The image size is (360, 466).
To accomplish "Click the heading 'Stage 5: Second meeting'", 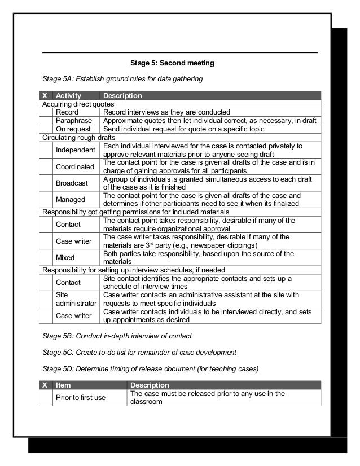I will (x=172, y=63).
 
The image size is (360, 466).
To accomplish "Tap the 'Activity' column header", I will (x=69, y=96).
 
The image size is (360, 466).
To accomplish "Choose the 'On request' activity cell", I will (x=73, y=129).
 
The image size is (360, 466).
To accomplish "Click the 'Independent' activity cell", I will (x=76, y=150).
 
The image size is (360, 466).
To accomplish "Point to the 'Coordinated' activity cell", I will (x=75, y=167).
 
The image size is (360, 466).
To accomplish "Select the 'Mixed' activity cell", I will (x=65, y=258).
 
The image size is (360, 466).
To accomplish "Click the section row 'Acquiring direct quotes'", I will (x=78, y=104).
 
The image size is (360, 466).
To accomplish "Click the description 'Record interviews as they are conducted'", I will (x=166, y=112).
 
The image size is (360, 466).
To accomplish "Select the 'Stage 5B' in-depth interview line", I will (x=117, y=336).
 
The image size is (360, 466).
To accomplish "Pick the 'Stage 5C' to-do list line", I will (x=139, y=353).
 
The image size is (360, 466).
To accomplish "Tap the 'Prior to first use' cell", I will (x=80, y=398).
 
